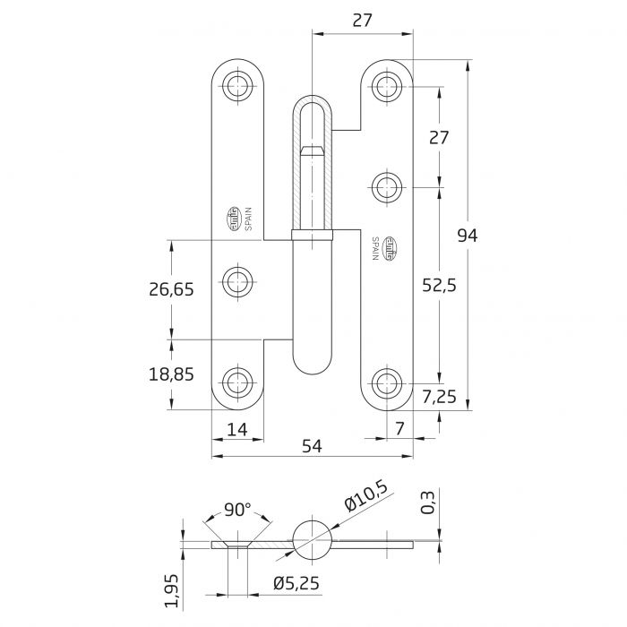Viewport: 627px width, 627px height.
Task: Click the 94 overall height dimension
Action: tap(468, 236)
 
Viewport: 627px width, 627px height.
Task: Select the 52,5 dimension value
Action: tap(440, 285)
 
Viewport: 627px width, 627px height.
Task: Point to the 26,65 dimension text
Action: tap(171, 288)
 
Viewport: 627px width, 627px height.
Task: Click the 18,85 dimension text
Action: tap(171, 374)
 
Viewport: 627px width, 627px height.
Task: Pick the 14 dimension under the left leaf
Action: tap(237, 430)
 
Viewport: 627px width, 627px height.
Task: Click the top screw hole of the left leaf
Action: tap(237, 86)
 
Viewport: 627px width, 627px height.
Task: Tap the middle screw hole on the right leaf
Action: tap(387, 188)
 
